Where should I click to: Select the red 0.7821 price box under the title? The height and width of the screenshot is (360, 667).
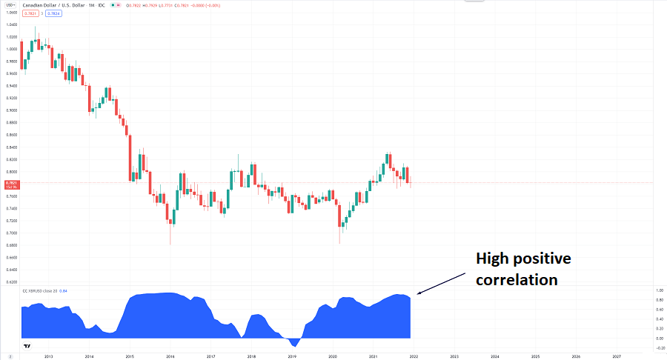click(30, 13)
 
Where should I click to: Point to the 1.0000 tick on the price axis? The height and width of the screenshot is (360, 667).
click(11, 50)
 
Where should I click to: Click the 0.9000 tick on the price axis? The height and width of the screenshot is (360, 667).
click(11, 110)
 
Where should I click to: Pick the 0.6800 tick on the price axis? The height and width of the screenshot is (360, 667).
click(11, 245)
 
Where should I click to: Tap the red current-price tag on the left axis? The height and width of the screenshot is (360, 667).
click(11, 184)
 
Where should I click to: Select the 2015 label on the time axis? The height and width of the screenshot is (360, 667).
click(129, 356)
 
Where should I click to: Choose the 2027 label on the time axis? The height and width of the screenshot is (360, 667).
click(617, 356)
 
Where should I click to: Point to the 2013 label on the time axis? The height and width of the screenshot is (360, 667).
click(48, 356)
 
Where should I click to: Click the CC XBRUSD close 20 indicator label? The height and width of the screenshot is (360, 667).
click(46, 290)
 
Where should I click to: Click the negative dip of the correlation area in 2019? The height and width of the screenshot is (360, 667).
click(293, 344)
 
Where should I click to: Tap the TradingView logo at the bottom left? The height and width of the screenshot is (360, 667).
click(27, 347)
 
